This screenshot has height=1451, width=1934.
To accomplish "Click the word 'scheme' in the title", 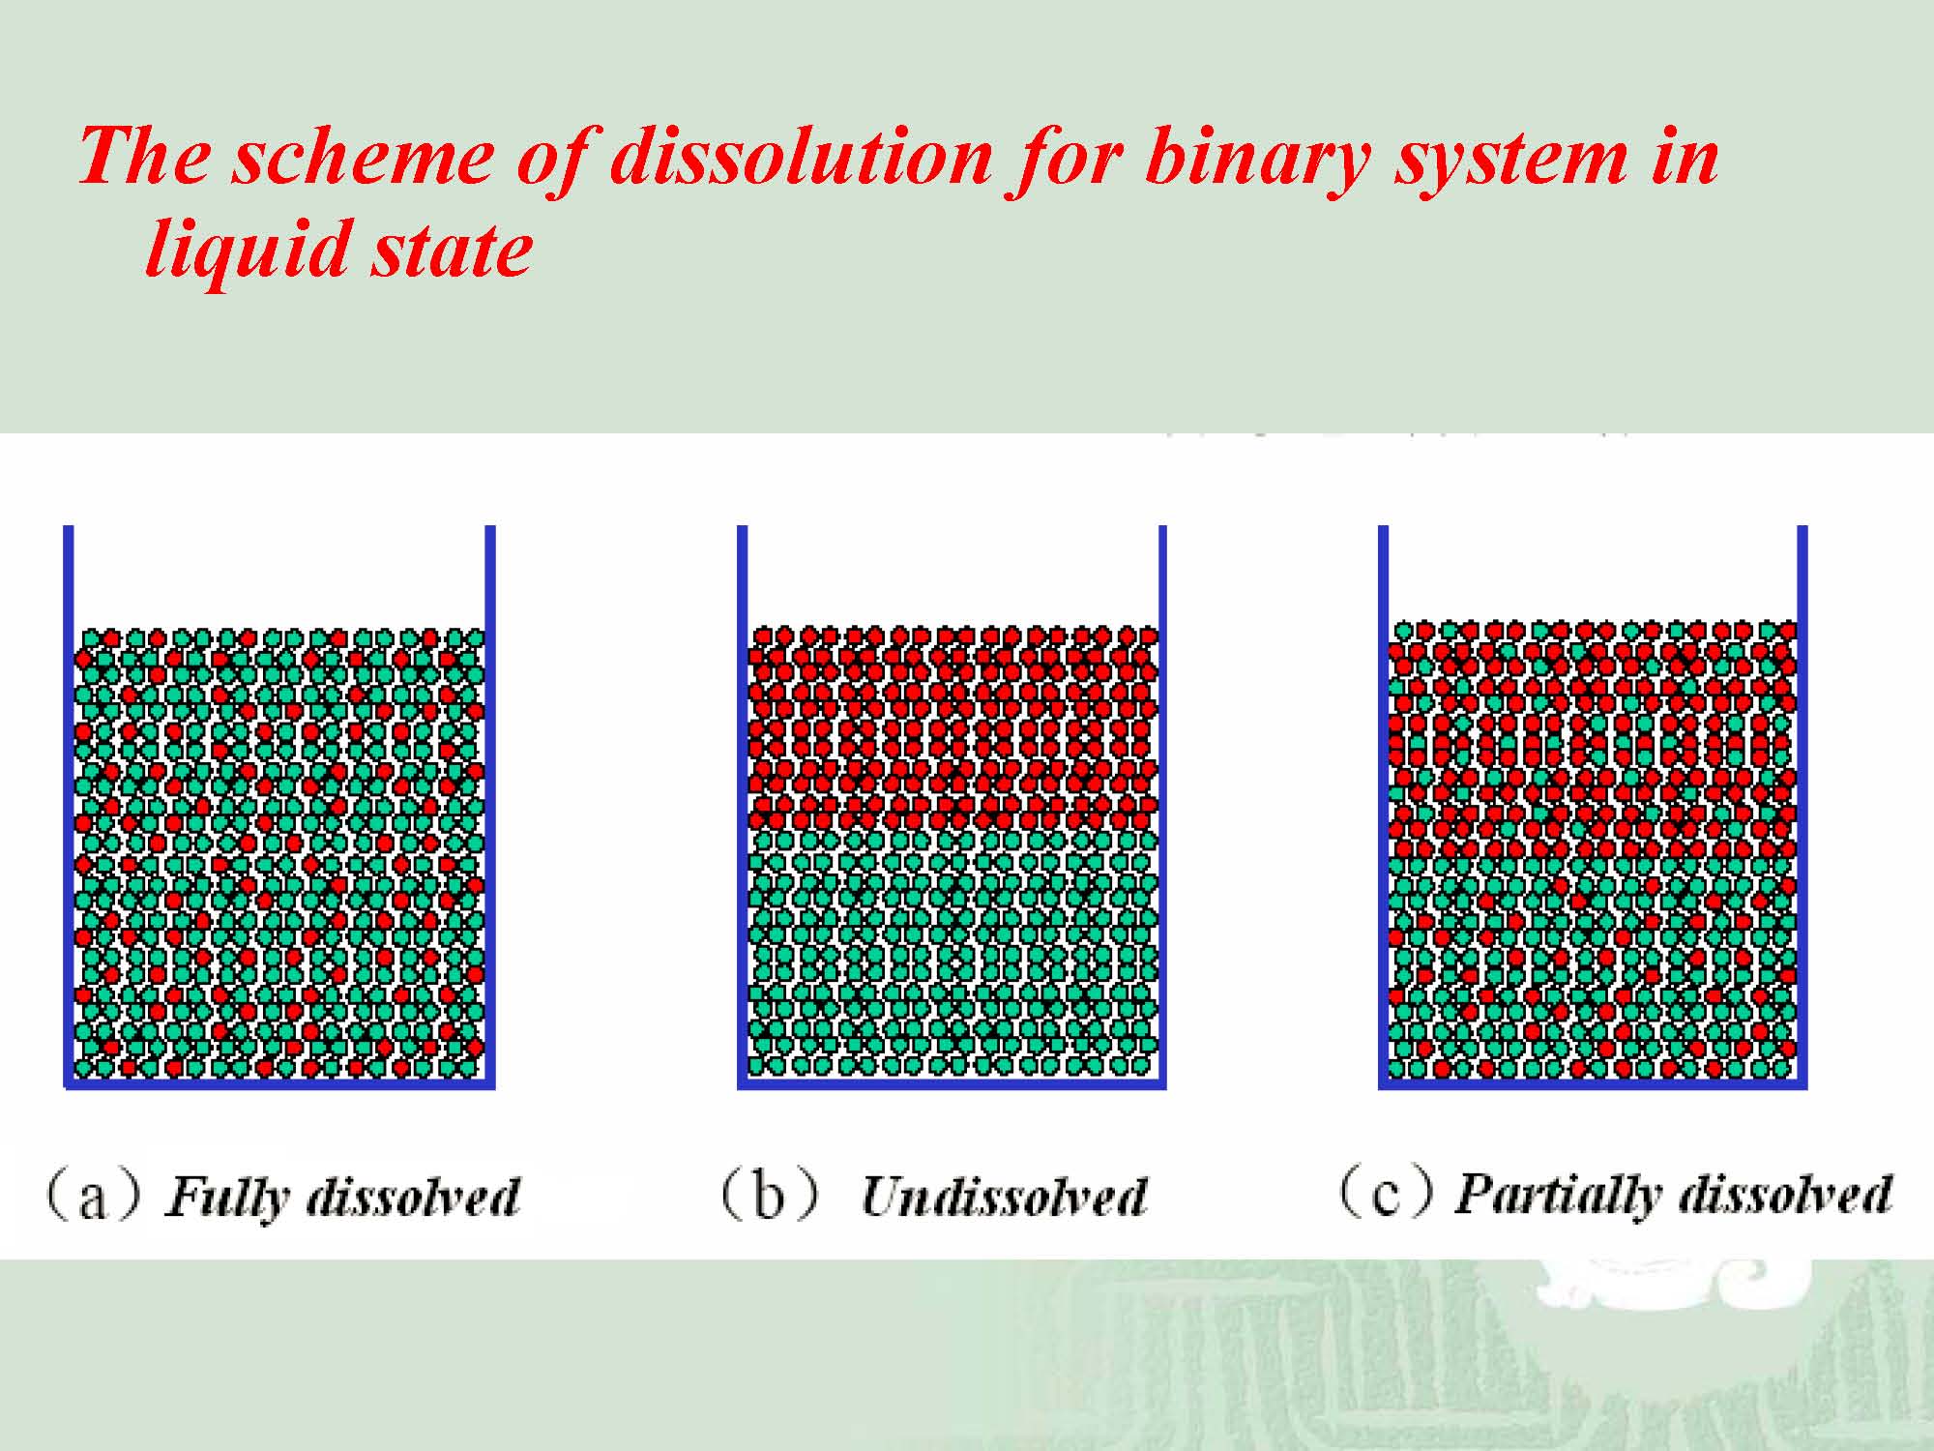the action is click(362, 157).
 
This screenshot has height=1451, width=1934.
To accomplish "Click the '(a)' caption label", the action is click(93, 1196).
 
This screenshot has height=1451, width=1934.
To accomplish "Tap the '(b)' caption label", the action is click(770, 1196).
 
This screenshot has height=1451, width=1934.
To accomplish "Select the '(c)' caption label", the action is click(1385, 1194).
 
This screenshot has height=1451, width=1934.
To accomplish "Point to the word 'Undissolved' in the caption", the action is click(1004, 1197).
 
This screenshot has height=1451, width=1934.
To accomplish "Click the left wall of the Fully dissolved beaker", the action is click(69, 806).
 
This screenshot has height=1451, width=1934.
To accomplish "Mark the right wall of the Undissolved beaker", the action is click(1161, 806).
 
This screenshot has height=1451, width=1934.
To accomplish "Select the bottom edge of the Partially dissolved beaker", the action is click(1593, 1084).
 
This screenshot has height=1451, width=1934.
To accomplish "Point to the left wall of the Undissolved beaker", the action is click(743, 806).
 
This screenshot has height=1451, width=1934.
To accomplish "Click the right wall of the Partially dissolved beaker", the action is click(1802, 806).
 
